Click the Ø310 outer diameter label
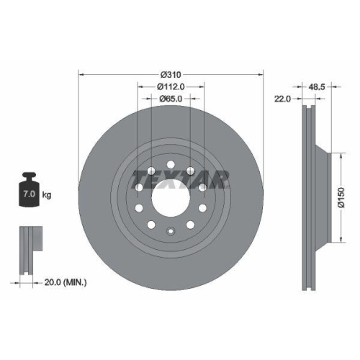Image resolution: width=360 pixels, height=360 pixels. click(x=171, y=74)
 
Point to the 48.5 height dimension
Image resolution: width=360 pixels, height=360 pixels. click(x=315, y=86)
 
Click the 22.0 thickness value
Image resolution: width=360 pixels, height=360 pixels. click(x=282, y=99)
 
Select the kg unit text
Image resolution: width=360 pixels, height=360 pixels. click(x=48, y=195)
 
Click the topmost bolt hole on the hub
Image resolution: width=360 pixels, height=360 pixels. click(x=171, y=166)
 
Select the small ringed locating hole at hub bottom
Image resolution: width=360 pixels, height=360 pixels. click(x=171, y=231)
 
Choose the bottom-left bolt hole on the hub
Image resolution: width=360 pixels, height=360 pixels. click(x=153, y=225)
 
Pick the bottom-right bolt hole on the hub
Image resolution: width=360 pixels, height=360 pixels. click(x=190, y=225)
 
